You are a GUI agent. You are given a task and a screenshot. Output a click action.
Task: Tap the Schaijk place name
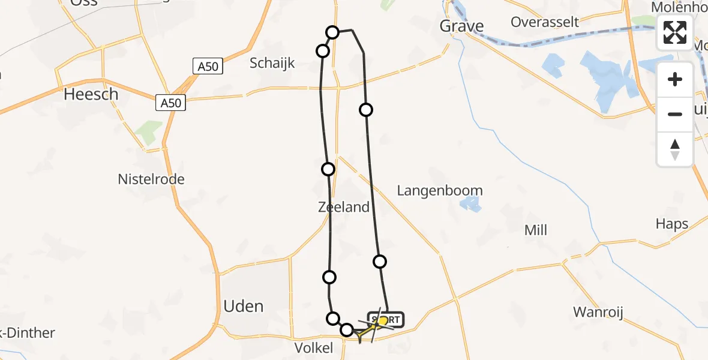coord(272,63)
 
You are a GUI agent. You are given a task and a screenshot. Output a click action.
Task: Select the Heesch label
coord(91,94)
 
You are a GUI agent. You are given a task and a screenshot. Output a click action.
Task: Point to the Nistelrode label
coord(151,179)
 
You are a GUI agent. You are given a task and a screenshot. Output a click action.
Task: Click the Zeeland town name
coord(344,208)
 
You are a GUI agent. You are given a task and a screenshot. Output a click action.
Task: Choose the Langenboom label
coord(440,191)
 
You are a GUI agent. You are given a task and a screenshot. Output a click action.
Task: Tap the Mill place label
coord(536,230)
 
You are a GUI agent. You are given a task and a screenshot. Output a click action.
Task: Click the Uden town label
coord(244,306)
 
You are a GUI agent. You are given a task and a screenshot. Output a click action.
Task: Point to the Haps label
coord(672,224)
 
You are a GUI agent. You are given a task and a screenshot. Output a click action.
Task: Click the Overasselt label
coord(545,22)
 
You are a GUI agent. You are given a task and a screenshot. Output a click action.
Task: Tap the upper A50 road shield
coord(208,67)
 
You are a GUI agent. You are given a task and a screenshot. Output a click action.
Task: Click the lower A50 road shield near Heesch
coord(170,103)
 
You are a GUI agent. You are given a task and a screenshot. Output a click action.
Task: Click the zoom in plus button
coord(675,80)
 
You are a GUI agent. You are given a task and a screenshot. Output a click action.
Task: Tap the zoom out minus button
coord(675,114)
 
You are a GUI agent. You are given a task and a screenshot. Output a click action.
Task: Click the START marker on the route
coord(385,320)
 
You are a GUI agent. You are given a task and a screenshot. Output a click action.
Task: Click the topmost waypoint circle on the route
coord(332,32)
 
